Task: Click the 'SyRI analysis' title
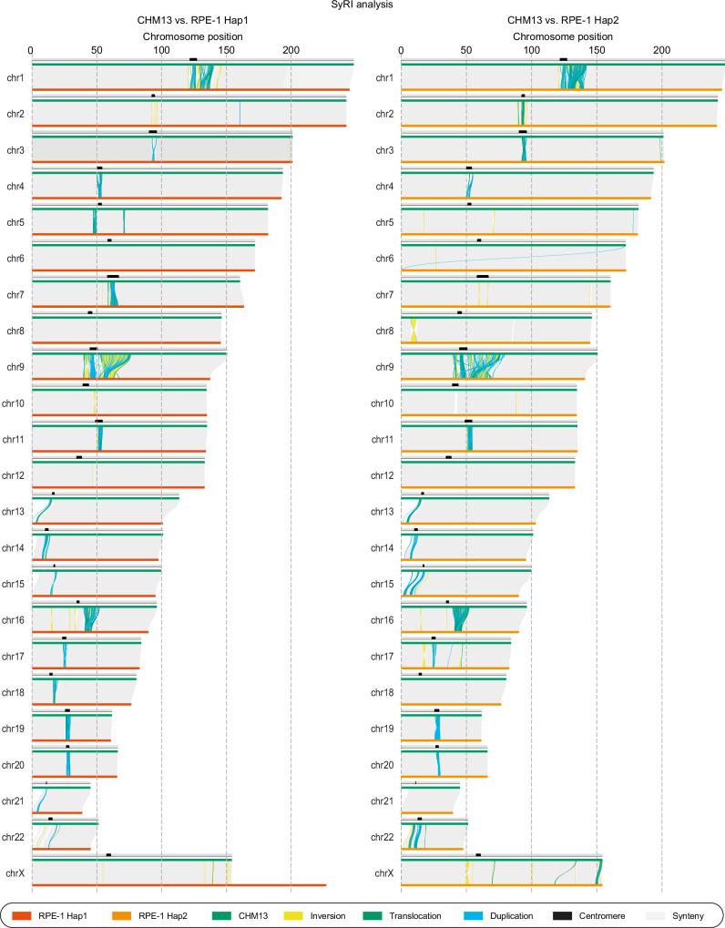pyautogui.click(x=362, y=5)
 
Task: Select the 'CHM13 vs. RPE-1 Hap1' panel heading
pyautogui.click(x=192, y=22)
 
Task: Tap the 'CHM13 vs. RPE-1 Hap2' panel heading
pyautogui.click(x=562, y=22)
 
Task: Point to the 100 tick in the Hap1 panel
pyautogui.click(x=160, y=50)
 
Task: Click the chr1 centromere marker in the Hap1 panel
pyautogui.click(x=193, y=59)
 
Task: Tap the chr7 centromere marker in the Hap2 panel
pyautogui.click(x=483, y=276)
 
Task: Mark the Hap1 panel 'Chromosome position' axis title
pyautogui.click(x=192, y=36)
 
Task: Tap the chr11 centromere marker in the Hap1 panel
pyautogui.click(x=99, y=421)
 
